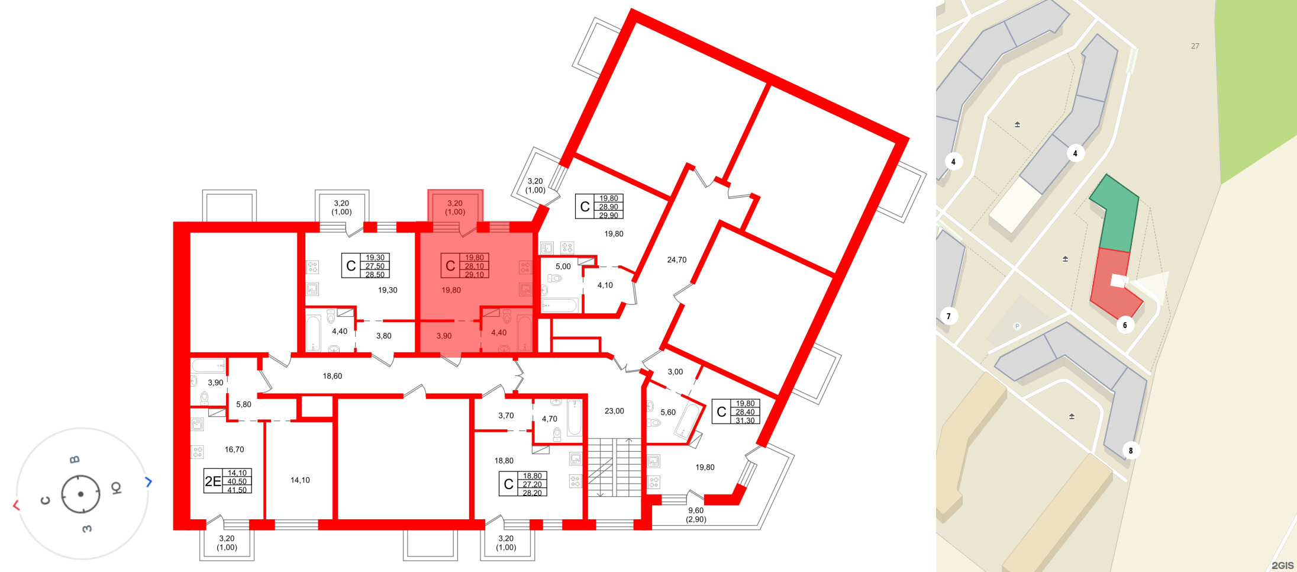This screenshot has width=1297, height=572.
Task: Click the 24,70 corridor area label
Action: (x=676, y=260)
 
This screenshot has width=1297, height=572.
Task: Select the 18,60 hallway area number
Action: (x=332, y=376)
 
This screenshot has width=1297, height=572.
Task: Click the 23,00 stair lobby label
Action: (x=614, y=411)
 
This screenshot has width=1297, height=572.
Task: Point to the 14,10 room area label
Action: (x=300, y=480)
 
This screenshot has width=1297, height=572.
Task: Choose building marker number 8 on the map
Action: (x=1130, y=451)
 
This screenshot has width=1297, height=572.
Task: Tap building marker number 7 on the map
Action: (x=948, y=316)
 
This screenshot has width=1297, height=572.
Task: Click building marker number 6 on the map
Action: (x=1125, y=325)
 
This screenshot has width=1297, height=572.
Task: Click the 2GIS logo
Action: (x=1282, y=565)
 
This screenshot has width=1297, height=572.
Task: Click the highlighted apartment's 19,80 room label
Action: (x=451, y=290)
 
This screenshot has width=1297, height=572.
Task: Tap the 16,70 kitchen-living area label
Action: (x=234, y=449)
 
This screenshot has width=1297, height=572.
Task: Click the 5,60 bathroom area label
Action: (x=667, y=413)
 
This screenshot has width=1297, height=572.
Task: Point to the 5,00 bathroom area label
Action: (x=563, y=266)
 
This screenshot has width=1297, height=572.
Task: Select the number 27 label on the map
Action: (x=1195, y=46)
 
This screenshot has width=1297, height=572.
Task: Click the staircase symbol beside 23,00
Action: (x=614, y=468)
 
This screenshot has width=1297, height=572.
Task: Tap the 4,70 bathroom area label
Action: (x=549, y=419)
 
